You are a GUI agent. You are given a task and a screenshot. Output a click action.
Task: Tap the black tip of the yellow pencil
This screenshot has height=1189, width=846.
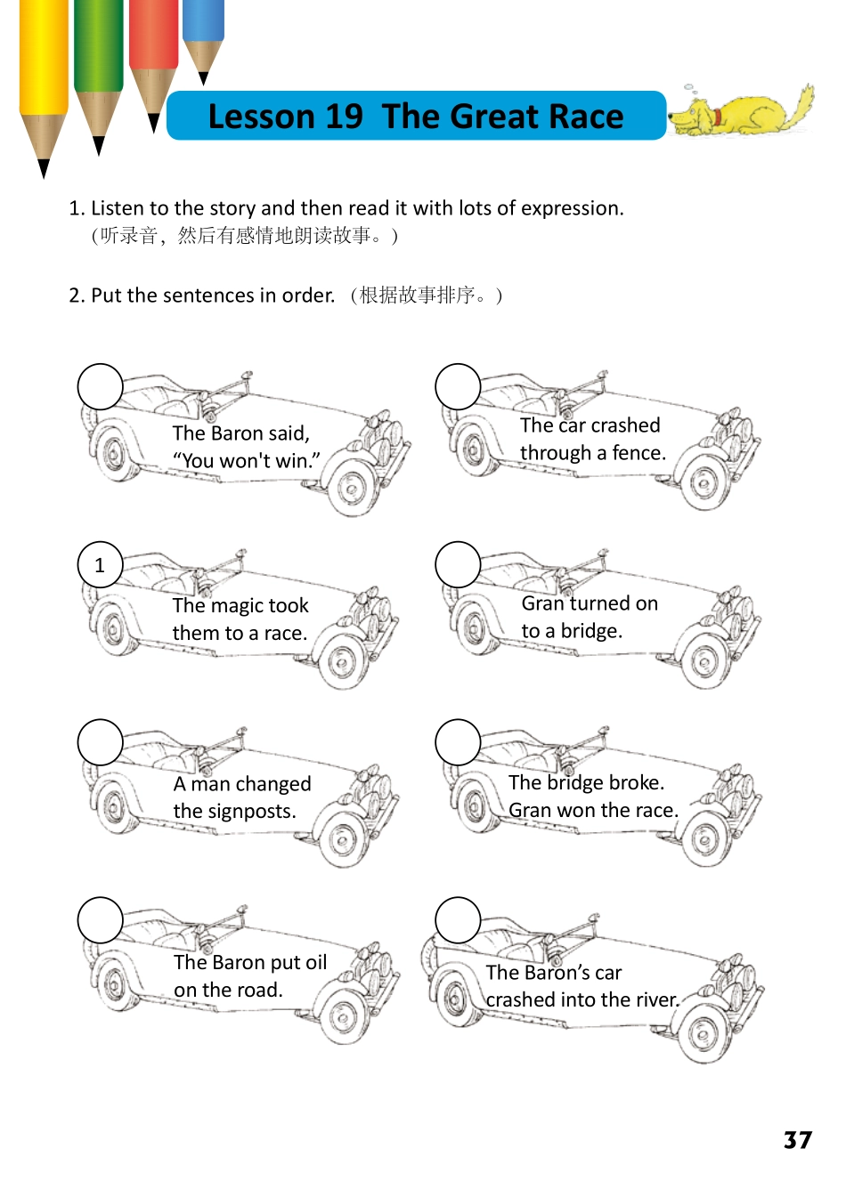point(43,168)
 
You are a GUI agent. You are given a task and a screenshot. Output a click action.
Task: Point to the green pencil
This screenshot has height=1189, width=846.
point(98,53)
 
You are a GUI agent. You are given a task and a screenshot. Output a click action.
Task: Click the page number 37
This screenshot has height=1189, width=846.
point(797,1140)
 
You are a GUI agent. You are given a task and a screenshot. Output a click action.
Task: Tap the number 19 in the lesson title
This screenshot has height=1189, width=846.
point(343,117)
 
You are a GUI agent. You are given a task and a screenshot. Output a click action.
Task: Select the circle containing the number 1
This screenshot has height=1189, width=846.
point(100,564)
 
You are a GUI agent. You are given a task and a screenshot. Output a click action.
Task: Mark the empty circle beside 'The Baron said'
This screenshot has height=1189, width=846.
point(100,386)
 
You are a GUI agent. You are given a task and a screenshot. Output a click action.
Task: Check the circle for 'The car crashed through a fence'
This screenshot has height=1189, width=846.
point(458,386)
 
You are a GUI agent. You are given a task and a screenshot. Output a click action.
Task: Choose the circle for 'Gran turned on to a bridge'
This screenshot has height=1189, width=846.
point(458,564)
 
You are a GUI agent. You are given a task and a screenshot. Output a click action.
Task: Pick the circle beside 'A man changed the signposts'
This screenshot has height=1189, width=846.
point(100,742)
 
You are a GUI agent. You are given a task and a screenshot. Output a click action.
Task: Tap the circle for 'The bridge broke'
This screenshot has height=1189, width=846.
point(458,742)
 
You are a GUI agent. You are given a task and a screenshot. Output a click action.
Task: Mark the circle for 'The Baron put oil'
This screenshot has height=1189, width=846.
point(100,920)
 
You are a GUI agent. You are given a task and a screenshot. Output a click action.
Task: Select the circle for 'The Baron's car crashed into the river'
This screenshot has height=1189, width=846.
point(458,920)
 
